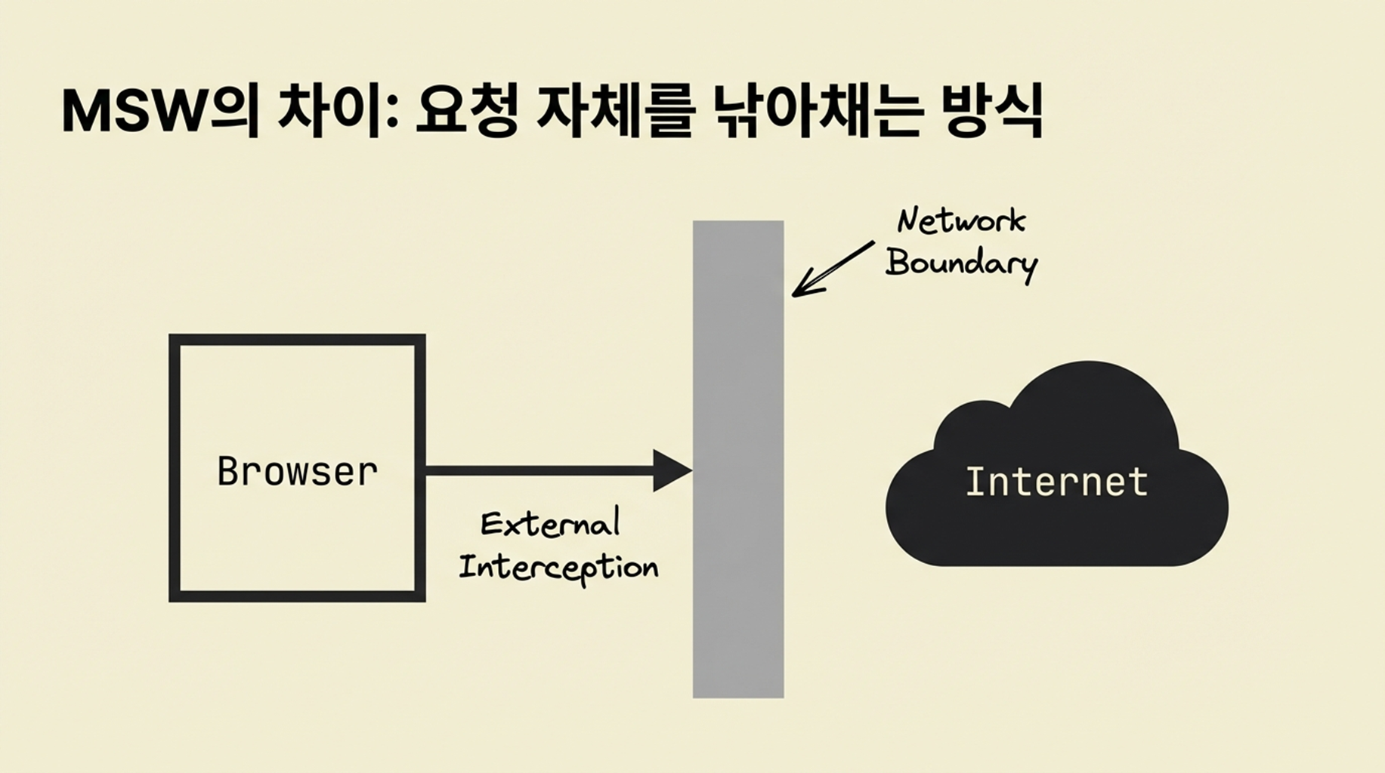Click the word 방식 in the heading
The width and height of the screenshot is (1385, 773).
(x=993, y=112)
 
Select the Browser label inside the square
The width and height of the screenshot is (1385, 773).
(x=297, y=472)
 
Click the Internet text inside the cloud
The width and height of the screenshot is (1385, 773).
(x=1056, y=482)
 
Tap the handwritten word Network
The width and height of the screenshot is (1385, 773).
(x=961, y=220)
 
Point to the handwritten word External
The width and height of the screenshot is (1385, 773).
(x=550, y=524)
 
